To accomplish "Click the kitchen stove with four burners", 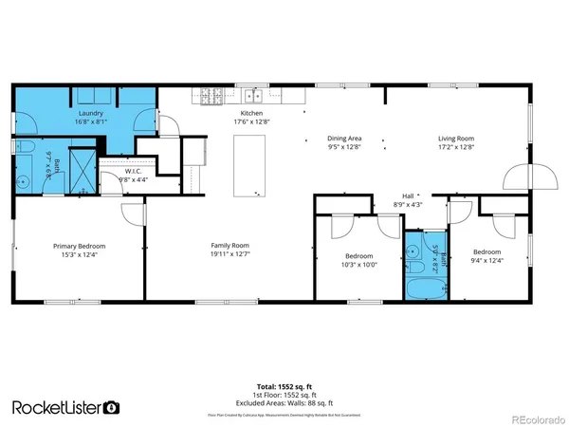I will (x=211, y=95).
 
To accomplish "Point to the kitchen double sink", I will (x=251, y=95).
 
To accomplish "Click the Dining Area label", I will (x=345, y=140).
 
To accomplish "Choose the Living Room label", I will (x=455, y=140).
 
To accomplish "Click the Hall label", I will (x=409, y=195).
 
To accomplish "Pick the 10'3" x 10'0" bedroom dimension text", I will (x=358, y=265).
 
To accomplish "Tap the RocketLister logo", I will (x=65, y=407).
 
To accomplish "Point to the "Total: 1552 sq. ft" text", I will (x=284, y=386).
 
